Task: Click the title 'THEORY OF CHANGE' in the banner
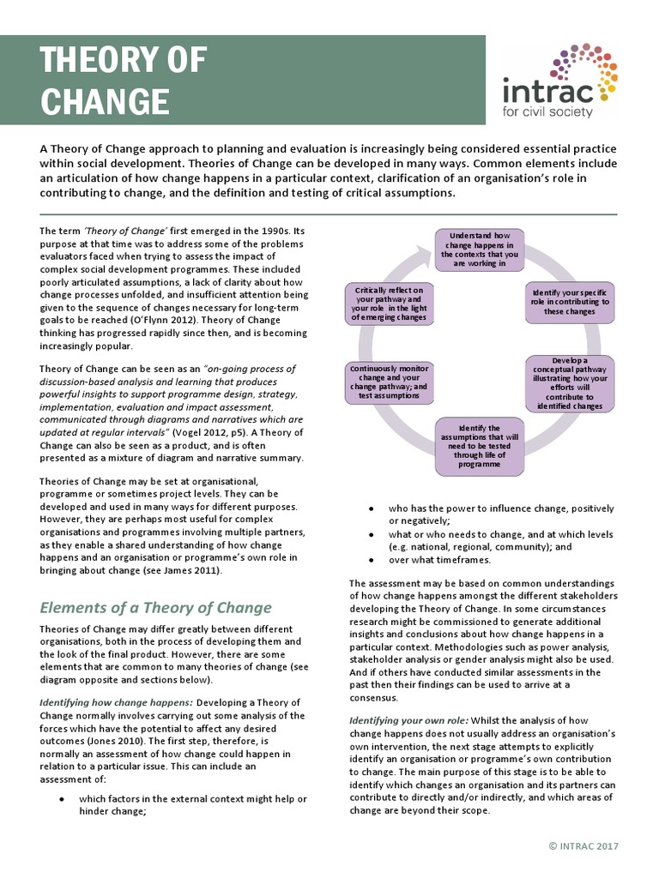point(124,81)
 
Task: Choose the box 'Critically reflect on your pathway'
point(388,304)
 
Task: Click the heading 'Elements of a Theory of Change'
point(155,608)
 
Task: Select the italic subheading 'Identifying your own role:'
point(408,721)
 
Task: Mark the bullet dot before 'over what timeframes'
point(370,560)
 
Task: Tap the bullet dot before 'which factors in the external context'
point(61,798)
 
